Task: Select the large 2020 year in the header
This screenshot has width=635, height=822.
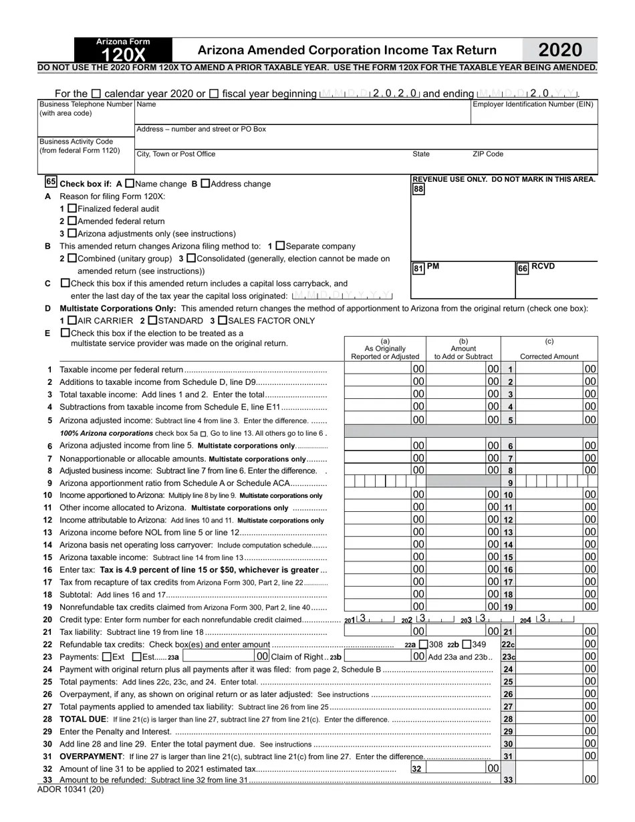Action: click(559, 50)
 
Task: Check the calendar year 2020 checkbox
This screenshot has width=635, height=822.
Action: click(96, 94)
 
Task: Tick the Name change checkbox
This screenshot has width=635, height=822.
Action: click(130, 183)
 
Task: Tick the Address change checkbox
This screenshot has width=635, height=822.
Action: click(205, 183)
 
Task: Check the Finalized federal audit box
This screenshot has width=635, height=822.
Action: click(73, 209)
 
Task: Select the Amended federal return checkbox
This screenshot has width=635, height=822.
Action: click(73, 221)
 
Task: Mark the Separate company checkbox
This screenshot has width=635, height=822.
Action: click(281, 246)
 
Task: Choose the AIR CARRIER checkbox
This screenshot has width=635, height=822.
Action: click(73, 321)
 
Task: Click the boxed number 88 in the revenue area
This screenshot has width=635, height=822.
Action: click(418, 189)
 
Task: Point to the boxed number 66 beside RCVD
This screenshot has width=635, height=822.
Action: click(523, 268)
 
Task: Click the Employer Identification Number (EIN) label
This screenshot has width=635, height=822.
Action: click(533, 104)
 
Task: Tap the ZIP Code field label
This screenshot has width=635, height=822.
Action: click(488, 154)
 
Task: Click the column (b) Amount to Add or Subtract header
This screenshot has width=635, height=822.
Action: click(463, 348)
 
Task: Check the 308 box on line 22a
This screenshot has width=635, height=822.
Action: click(424, 645)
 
